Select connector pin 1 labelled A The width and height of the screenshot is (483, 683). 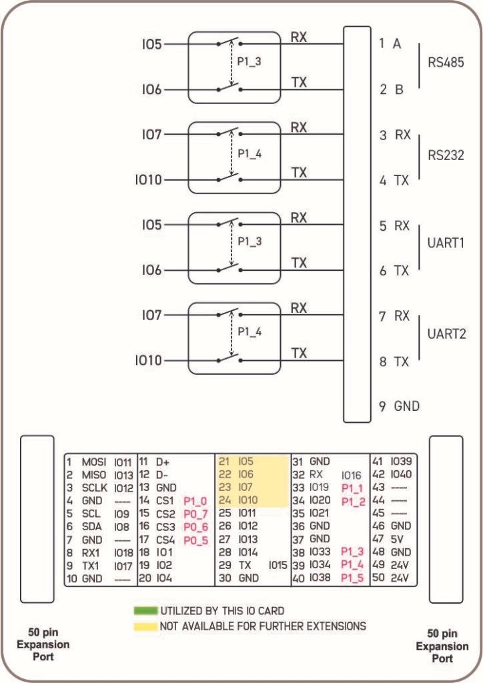[390, 43]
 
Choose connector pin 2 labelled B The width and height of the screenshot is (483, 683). [390, 89]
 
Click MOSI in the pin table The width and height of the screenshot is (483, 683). [94, 462]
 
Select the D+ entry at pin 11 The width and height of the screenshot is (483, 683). [163, 462]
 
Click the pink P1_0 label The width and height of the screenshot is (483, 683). [195, 501]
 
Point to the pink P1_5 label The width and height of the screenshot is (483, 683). [352, 578]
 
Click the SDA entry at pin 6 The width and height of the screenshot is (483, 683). [91, 526]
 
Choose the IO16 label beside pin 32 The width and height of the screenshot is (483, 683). [352, 475]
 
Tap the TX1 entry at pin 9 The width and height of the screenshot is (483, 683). [91, 566]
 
